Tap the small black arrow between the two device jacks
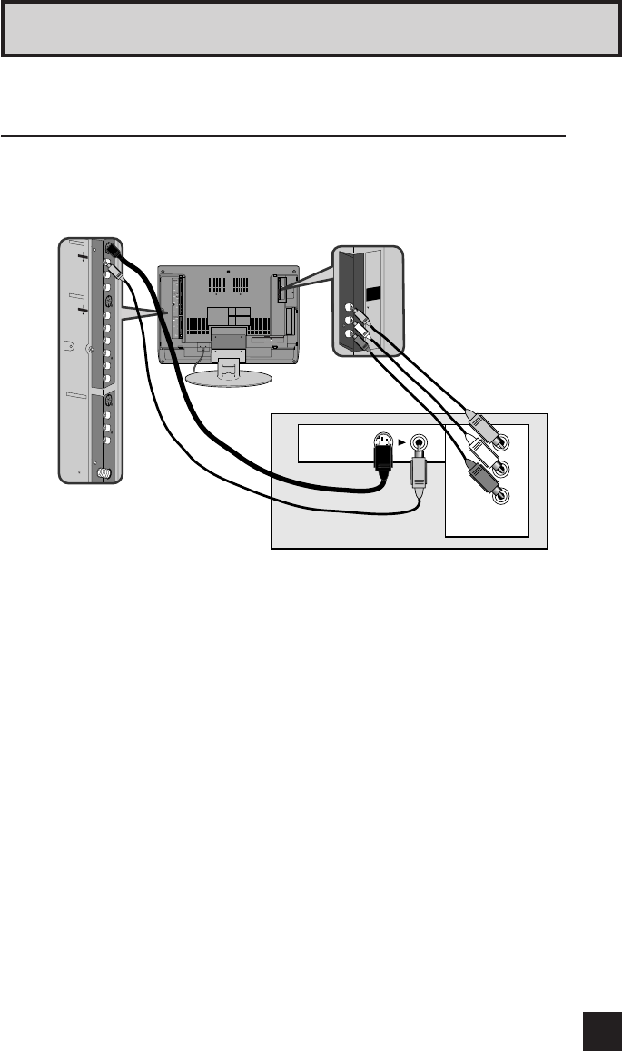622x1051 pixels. click(x=400, y=444)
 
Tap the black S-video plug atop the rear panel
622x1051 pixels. click(x=111, y=248)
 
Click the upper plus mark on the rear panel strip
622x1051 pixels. click(x=81, y=257)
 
